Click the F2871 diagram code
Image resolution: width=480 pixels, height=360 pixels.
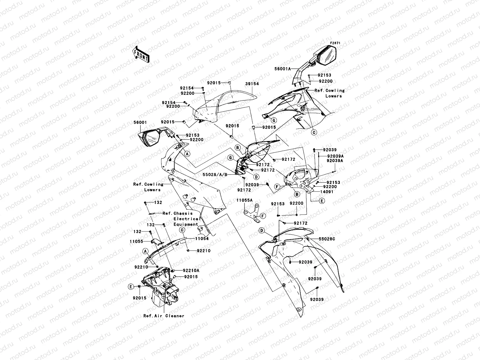(335, 43)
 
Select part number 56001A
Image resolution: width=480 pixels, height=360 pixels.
(282, 69)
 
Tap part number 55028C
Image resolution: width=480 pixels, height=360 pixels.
(327, 239)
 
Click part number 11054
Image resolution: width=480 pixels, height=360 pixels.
(202, 238)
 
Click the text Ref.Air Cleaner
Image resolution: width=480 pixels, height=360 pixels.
(164, 316)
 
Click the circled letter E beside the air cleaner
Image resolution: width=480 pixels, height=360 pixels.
(131, 287)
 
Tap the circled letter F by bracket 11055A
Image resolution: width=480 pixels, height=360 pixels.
(263, 215)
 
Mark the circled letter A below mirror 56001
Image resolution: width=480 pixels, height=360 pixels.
(187, 154)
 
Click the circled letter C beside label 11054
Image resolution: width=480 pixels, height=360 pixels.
(182, 229)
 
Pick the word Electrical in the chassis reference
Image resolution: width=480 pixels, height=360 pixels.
(186, 219)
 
